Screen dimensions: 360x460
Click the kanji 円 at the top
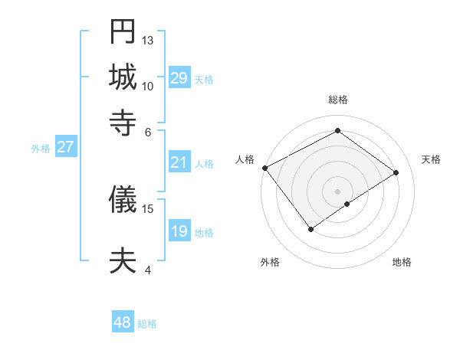[x=123, y=32]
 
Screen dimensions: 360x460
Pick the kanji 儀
[x=123, y=199]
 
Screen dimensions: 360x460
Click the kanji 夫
[x=123, y=260]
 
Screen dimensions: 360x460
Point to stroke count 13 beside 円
[x=149, y=40]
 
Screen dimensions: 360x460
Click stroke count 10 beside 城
[x=149, y=86]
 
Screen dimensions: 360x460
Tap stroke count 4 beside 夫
[x=148, y=270]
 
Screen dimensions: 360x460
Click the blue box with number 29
[x=179, y=77]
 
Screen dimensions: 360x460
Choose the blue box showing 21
[x=179, y=162]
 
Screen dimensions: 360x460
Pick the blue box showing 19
[x=179, y=231]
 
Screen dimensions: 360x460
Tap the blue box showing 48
[x=123, y=322]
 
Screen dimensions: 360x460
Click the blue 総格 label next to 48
[x=148, y=324]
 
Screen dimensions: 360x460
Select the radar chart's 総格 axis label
[x=337, y=100]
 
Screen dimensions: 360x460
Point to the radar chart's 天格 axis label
[x=431, y=159]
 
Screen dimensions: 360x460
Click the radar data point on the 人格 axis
[x=264, y=168]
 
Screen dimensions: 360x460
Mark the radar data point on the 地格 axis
[x=347, y=204]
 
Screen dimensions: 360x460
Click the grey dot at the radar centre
[x=337, y=191]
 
